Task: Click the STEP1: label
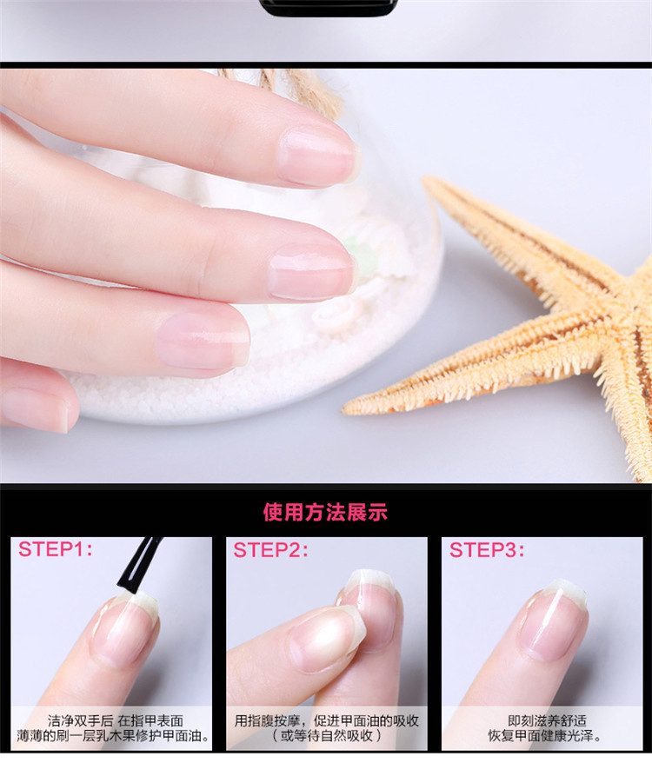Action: pyautogui.click(x=55, y=549)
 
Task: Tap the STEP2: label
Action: pyautogui.click(x=270, y=550)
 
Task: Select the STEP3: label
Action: pyautogui.click(x=487, y=550)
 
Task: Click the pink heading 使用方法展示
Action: pyautogui.click(x=325, y=513)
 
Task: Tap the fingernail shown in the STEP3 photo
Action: pyautogui.click(x=553, y=621)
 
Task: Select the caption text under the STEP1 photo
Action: pyautogui.click(x=114, y=728)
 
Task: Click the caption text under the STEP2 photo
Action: pyautogui.click(x=326, y=728)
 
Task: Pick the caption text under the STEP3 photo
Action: pyautogui.click(x=545, y=728)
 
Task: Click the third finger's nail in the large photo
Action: pyautogui.click(x=203, y=341)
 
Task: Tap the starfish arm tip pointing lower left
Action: pyautogui.click(x=347, y=409)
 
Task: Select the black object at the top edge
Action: pyautogui.click(x=329, y=7)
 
